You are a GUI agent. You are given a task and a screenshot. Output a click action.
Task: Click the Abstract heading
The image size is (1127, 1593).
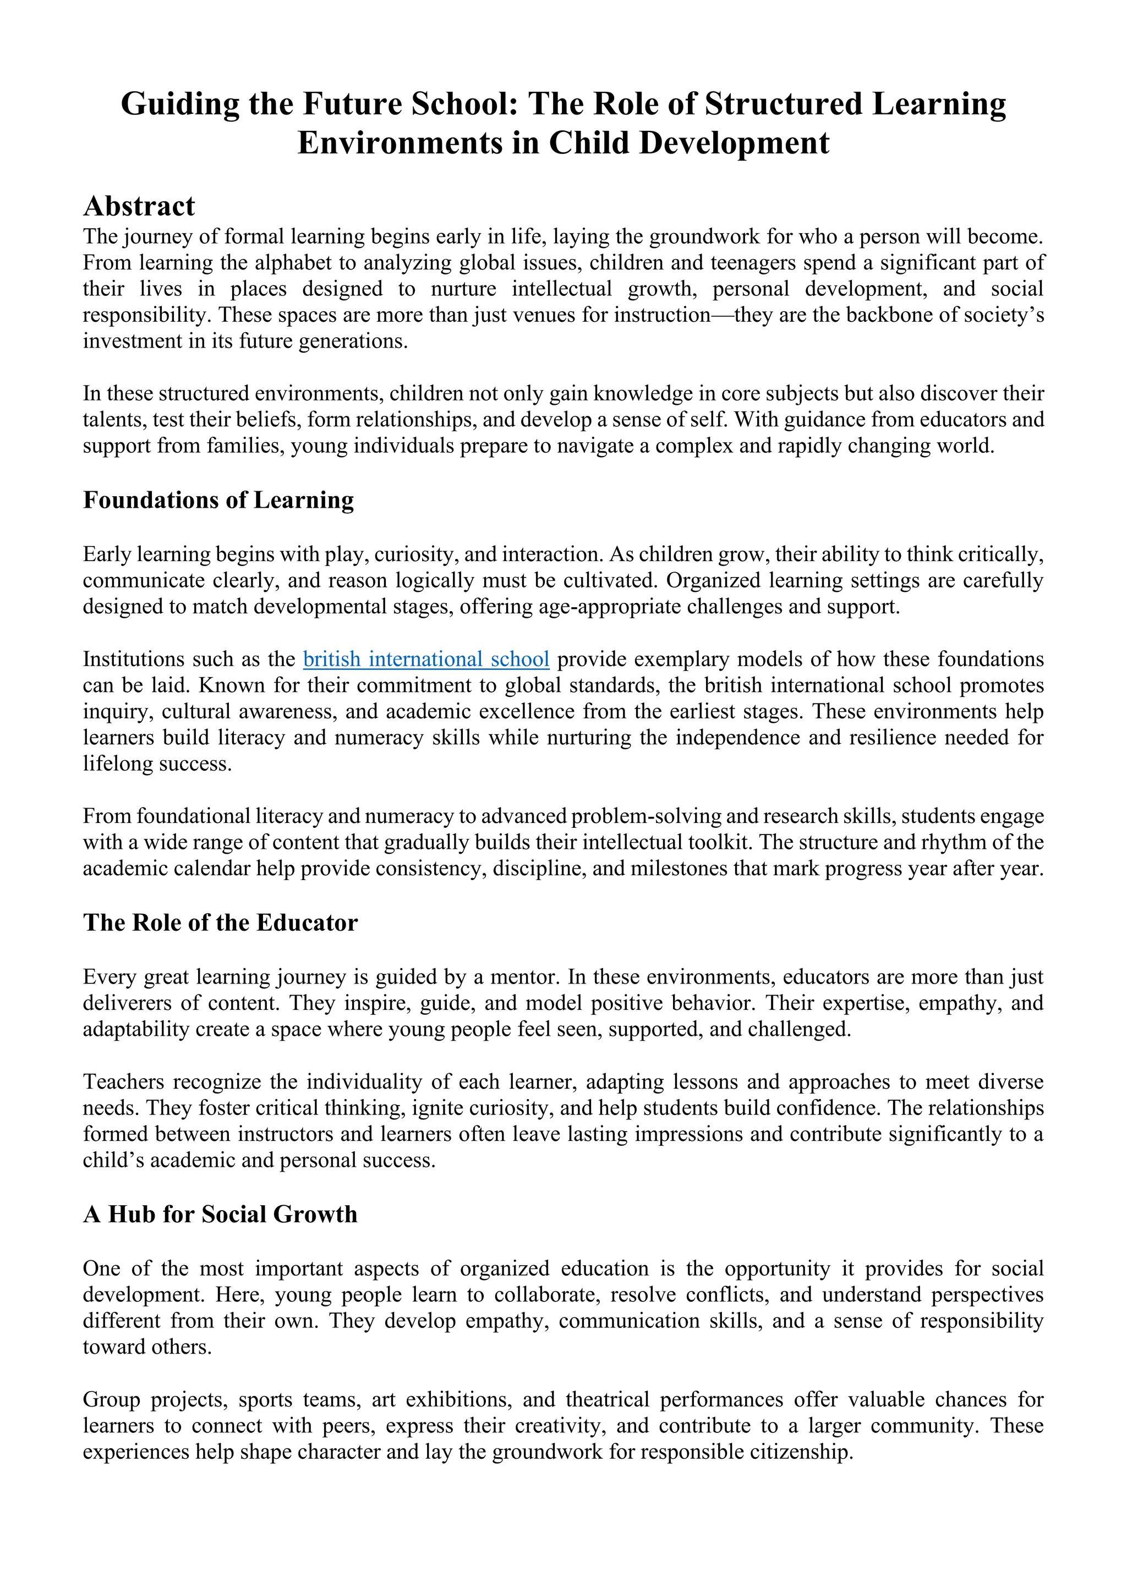[x=139, y=206]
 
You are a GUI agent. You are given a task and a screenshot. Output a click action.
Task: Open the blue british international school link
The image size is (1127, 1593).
[x=426, y=658]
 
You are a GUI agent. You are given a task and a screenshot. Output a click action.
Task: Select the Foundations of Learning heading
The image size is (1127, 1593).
[x=218, y=499]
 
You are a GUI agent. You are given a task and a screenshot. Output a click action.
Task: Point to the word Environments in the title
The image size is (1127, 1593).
[x=401, y=143]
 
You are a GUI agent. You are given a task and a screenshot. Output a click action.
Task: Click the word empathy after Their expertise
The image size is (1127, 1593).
[x=959, y=1003]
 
